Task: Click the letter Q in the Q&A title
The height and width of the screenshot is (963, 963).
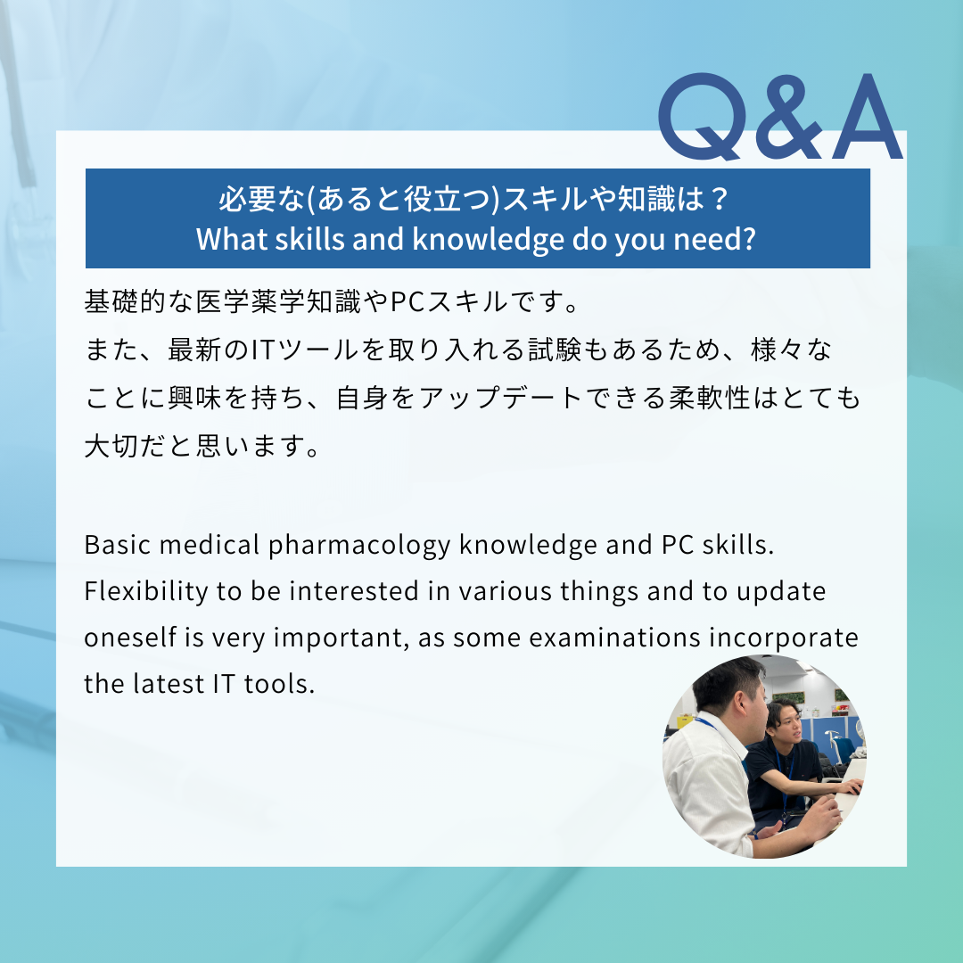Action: (703, 117)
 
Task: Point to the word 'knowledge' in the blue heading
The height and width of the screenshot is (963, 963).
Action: (489, 240)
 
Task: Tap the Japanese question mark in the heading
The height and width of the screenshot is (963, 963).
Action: (719, 198)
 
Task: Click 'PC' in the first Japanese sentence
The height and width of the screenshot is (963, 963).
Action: (407, 301)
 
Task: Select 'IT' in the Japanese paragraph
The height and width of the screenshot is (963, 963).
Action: (262, 350)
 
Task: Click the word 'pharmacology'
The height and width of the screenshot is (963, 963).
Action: (359, 546)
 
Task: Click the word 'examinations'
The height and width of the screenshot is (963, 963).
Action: (614, 638)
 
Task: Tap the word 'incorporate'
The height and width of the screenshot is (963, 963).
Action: (784, 638)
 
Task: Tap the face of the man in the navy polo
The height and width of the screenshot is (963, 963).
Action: (788, 722)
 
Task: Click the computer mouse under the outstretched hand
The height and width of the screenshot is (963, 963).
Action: (853, 788)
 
